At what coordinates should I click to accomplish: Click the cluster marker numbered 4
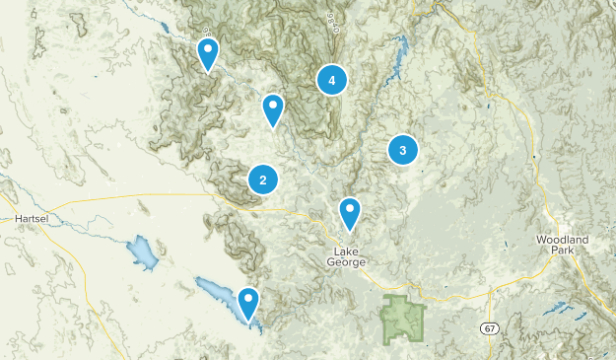[x=332, y=80]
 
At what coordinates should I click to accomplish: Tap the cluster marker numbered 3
[x=402, y=150]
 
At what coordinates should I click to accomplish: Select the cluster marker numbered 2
[x=262, y=180]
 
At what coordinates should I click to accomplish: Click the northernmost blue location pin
[x=208, y=53]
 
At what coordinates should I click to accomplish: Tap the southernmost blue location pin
[x=248, y=303]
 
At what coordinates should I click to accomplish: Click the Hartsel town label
[x=33, y=218]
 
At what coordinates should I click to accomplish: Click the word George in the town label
[x=348, y=262]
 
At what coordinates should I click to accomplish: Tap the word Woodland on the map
[x=562, y=240]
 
